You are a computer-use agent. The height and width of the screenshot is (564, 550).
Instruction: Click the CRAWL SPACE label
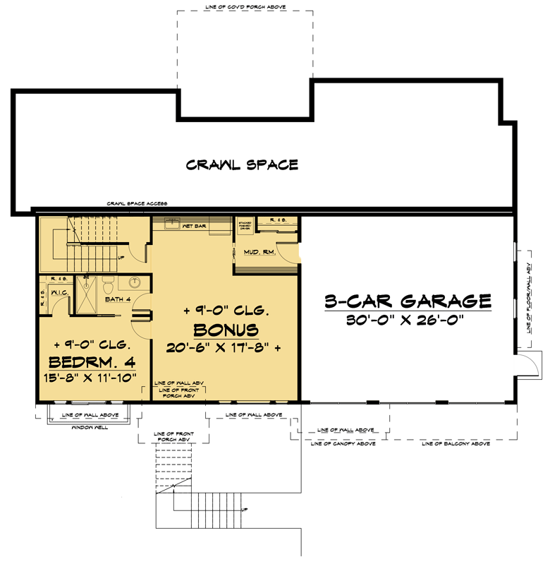(x=242, y=165)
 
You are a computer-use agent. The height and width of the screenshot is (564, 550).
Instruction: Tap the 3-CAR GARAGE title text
(x=408, y=301)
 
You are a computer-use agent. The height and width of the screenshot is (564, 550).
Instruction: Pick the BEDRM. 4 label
(x=92, y=362)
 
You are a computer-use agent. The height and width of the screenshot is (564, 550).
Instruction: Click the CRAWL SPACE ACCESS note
(x=136, y=203)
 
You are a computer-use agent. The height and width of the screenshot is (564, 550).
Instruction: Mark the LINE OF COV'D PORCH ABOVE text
(x=243, y=8)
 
